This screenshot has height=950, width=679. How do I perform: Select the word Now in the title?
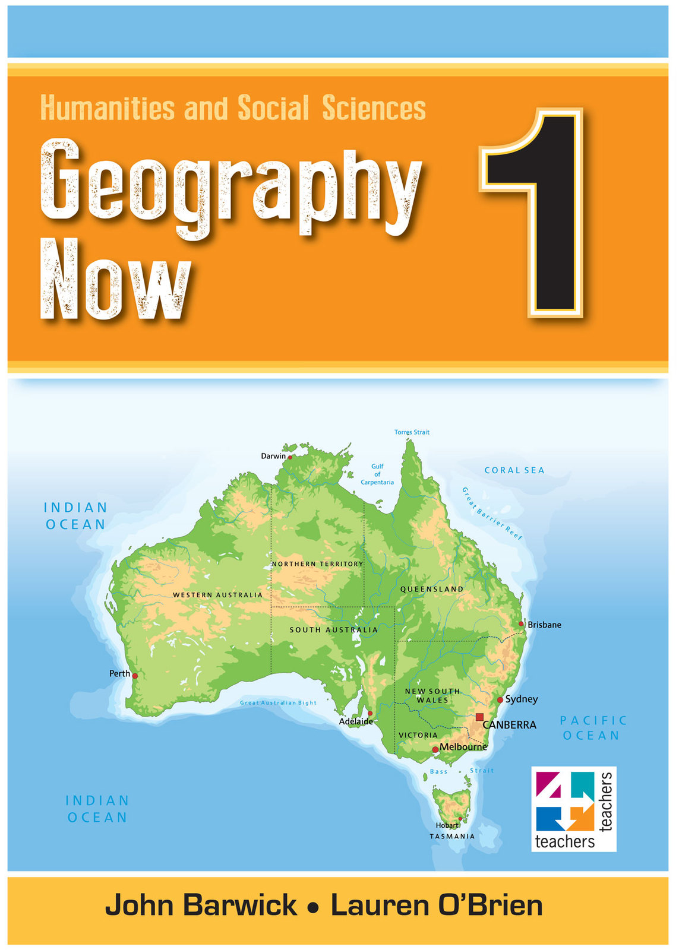pyautogui.click(x=116, y=279)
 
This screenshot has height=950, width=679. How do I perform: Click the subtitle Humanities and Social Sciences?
pyautogui.click(x=233, y=108)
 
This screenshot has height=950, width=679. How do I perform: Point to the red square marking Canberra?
pyautogui.click(x=479, y=717)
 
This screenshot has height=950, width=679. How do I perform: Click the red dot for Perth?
pyautogui.click(x=135, y=676)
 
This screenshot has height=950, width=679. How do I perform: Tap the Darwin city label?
pyautogui.click(x=273, y=456)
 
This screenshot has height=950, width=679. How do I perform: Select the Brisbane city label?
pyautogui.click(x=544, y=625)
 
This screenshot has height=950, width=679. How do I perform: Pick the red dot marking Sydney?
pyautogui.click(x=500, y=700)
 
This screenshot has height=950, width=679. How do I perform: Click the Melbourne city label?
pyautogui.click(x=463, y=747)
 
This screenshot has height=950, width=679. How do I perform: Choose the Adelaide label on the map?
pyautogui.click(x=356, y=721)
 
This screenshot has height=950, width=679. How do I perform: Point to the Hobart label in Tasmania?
pyautogui.click(x=447, y=825)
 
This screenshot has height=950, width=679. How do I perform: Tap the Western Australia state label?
pyautogui.click(x=217, y=595)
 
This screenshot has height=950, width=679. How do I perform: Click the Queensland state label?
pyautogui.click(x=432, y=589)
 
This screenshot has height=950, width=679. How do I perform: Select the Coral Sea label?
pyautogui.click(x=514, y=470)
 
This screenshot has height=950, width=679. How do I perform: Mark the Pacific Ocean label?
pyautogui.click(x=592, y=728)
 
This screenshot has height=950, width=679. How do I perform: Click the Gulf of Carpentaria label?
pyautogui.click(x=377, y=474)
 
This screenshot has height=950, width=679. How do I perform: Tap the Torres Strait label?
pyautogui.click(x=412, y=432)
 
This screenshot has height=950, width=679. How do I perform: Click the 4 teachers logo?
pyautogui.click(x=573, y=809)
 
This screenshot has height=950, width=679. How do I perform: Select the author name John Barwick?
pyautogui.click(x=201, y=905)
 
